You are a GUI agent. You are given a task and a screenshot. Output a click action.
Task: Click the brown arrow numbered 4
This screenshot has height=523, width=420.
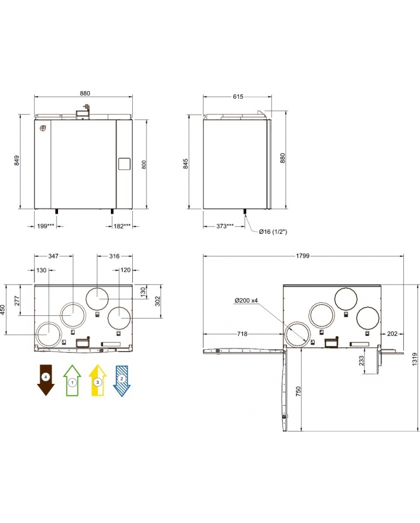(x=46, y=380)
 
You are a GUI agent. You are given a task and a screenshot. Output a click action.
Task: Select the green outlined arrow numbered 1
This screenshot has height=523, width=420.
(x=73, y=380)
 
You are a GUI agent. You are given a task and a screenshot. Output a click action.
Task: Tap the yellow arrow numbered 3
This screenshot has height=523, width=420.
(x=97, y=380)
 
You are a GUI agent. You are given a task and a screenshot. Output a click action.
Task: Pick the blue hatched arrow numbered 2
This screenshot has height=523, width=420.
(x=122, y=380)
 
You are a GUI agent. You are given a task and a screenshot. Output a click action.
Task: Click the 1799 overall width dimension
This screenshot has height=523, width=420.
(x=302, y=256)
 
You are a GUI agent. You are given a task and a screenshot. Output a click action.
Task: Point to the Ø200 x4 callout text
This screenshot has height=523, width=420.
(x=247, y=300)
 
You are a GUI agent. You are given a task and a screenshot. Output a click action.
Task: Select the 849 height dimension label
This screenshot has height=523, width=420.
(x=17, y=161)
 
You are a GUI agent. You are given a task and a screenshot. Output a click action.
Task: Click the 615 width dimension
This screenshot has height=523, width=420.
(x=238, y=96)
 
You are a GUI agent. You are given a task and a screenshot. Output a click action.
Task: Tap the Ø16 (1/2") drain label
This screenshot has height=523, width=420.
(x=274, y=231)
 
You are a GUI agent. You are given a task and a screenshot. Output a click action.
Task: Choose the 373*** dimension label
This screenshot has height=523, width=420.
(x=224, y=226)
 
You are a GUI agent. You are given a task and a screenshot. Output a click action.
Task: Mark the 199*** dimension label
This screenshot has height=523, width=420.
(x=46, y=226)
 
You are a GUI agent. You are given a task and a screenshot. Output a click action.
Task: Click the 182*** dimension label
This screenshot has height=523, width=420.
(x=122, y=226)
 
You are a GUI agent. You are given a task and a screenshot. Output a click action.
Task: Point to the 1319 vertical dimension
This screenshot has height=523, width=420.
(x=414, y=358)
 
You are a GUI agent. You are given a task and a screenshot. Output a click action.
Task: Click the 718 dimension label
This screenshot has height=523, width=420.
(x=242, y=333)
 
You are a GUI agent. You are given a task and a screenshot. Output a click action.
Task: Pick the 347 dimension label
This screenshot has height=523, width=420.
(x=53, y=256)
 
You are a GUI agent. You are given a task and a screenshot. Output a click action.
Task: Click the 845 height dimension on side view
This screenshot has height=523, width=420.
(x=186, y=164)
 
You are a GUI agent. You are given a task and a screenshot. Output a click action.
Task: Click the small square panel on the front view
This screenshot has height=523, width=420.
(x=124, y=163)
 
